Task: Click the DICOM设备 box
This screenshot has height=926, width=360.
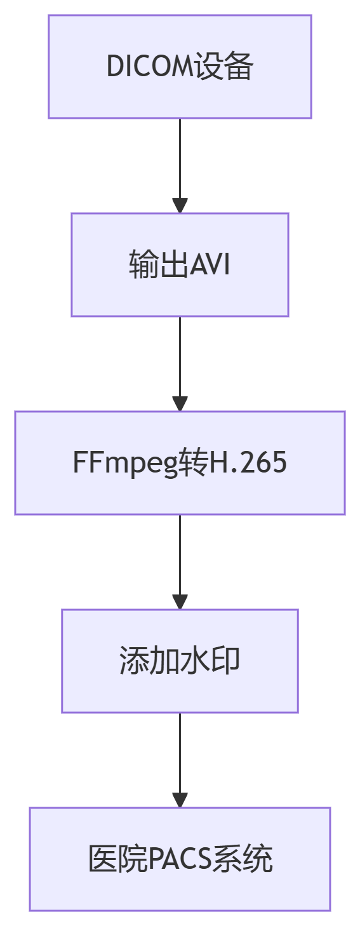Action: point(180,67)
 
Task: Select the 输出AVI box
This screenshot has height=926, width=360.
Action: point(180,265)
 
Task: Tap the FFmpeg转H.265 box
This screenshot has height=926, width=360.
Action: point(180,462)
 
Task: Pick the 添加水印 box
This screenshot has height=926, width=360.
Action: point(180,661)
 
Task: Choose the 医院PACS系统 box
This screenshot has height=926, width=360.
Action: point(180,859)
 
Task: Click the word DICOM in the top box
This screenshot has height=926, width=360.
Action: point(150,66)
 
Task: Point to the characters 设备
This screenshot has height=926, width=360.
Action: point(223,66)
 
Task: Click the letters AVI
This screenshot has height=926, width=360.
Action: point(210,265)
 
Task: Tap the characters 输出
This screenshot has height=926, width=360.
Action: point(159,265)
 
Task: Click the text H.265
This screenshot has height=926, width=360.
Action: point(248,462)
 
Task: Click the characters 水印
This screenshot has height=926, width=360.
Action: point(210,661)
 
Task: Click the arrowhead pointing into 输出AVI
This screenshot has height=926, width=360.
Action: point(180,205)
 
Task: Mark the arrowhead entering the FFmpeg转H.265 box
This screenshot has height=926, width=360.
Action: point(180,403)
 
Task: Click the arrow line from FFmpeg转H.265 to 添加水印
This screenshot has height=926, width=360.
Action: point(180,562)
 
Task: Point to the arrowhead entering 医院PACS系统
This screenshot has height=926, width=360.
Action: point(180,800)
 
